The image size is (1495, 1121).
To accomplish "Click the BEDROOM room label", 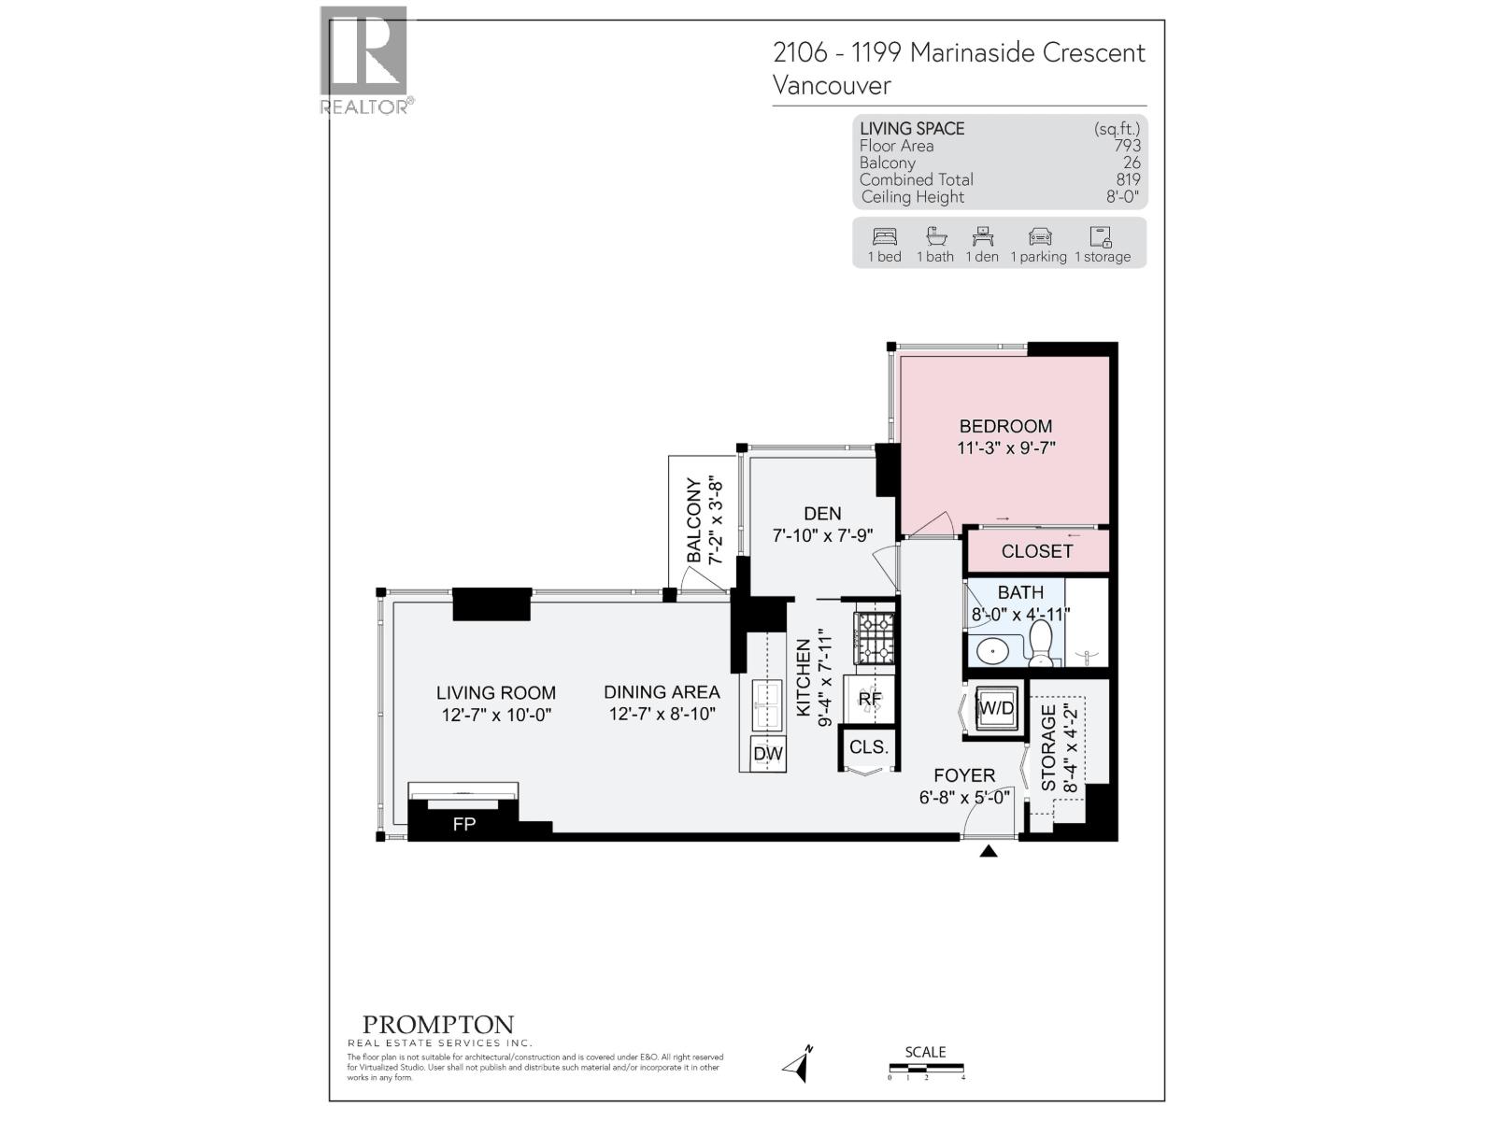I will pyautogui.click(x=1005, y=426).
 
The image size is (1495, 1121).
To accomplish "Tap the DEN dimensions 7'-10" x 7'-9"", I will pyautogui.click(x=822, y=536).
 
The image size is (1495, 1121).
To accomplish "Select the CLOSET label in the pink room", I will pyautogui.click(x=1036, y=551).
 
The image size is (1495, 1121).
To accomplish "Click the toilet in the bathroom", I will pyautogui.click(x=1040, y=644).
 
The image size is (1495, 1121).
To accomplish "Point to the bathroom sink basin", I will pyautogui.click(x=990, y=650).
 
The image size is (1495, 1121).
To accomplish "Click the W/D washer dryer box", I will pyautogui.click(x=995, y=708).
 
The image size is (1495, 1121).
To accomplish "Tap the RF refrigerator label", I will pyautogui.click(x=870, y=699).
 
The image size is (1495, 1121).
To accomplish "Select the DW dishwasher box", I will pyautogui.click(x=768, y=754).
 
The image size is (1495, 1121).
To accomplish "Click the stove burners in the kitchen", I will pyautogui.click(x=876, y=639).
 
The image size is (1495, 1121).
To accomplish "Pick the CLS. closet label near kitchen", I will pyautogui.click(x=869, y=747).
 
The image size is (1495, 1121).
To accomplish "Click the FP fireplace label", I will pyautogui.click(x=463, y=824).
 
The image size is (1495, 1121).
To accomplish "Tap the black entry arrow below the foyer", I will pyautogui.click(x=989, y=851).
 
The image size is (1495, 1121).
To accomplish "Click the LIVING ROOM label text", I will pyautogui.click(x=495, y=693).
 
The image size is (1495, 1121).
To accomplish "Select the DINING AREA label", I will pyautogui.click(x=662, y=692).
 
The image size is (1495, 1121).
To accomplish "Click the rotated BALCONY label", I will pyautogui.click(x=693, y=520).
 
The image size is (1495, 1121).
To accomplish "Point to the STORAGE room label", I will pyautogui.click(x=1048, y=748).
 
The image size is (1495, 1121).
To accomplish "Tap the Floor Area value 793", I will pyautogui.click(x=1127, y=146).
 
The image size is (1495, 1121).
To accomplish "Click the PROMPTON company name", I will pyautogui.click(x=438, y=1026).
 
